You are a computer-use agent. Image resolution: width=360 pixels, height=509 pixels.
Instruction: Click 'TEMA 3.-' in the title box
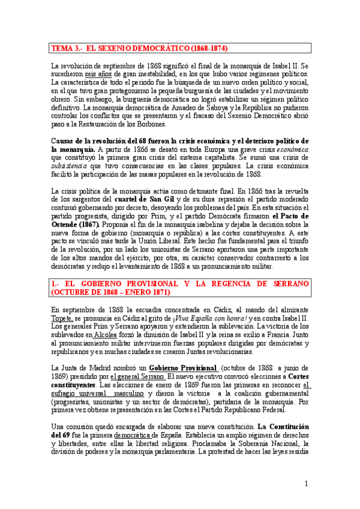tap(67, 48)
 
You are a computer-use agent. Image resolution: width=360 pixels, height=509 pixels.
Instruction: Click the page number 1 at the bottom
tap(305, 484)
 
